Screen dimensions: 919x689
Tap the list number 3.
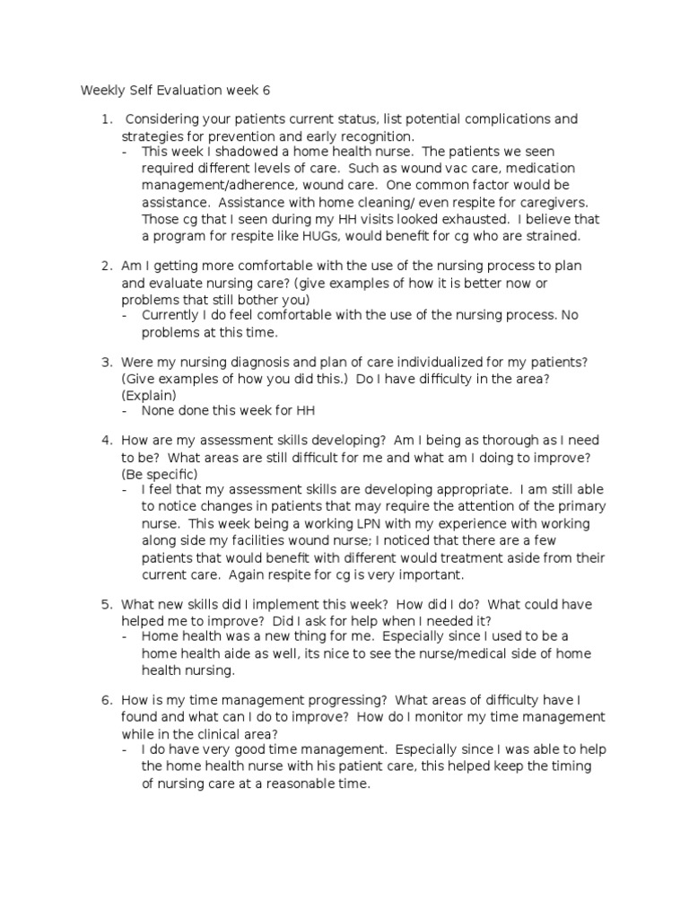point(105,362)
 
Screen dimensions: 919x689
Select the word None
point(159,411)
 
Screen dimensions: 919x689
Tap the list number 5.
point(105,604)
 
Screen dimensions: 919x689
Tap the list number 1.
point(105,119)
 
